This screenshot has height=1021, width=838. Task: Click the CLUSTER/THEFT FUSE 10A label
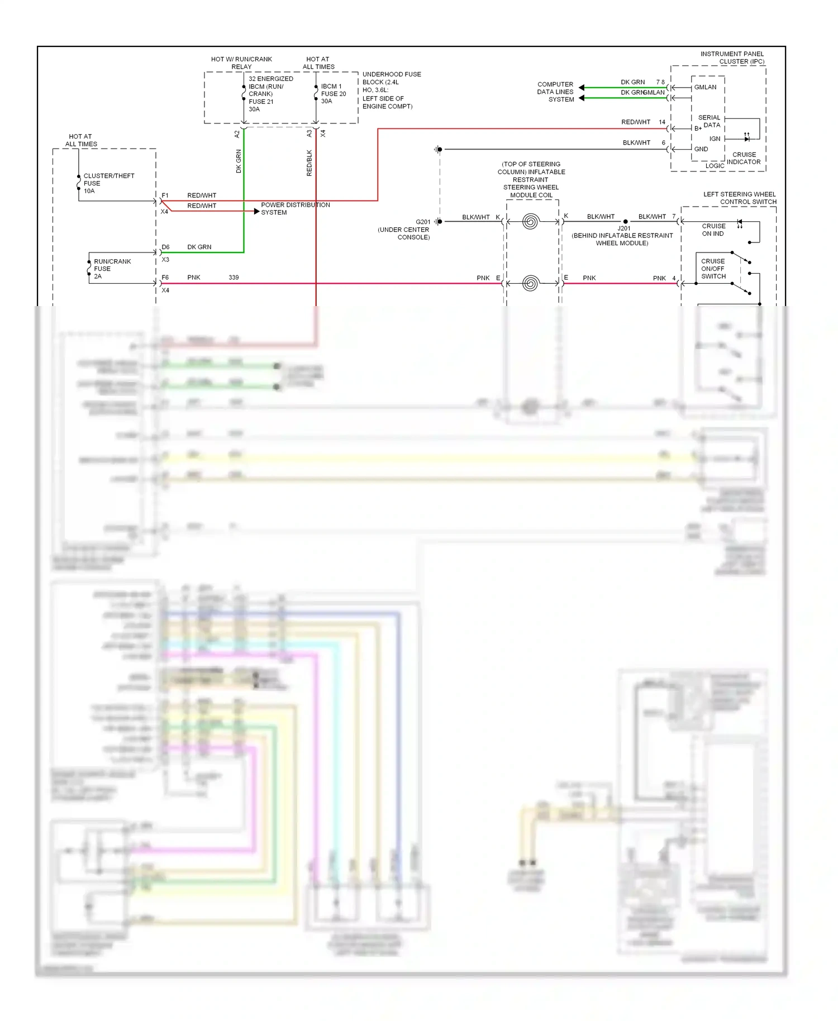[108, 183]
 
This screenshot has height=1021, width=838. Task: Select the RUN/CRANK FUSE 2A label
[111, 269]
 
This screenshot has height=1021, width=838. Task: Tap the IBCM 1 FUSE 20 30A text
[333, 94]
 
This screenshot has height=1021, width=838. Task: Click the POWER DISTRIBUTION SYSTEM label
[294, 208]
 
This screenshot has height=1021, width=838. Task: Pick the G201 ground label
[422, 222]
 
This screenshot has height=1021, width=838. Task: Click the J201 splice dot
[625, 222]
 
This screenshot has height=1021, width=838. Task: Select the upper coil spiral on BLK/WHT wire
[530, 222]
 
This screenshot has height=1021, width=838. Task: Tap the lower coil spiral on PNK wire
[530, 283]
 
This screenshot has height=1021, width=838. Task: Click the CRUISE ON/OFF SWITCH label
[713, 269]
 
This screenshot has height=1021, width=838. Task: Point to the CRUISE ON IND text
[713, 230]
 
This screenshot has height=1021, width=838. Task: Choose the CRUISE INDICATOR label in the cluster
[744, 158]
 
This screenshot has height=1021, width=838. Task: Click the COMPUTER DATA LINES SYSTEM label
[555, 92]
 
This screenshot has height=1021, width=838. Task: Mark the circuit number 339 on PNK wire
[234, 277]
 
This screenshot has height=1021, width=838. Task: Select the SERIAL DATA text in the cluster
[710, 121]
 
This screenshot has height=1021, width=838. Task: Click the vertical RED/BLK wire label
[309, 163]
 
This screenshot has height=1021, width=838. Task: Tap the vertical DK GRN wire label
[239, 161]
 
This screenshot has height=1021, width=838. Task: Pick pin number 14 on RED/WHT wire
[661, 122]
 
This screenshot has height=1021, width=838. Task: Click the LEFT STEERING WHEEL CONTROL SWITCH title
[739, 198]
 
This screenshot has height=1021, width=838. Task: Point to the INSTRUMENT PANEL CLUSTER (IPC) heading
[732, 58]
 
